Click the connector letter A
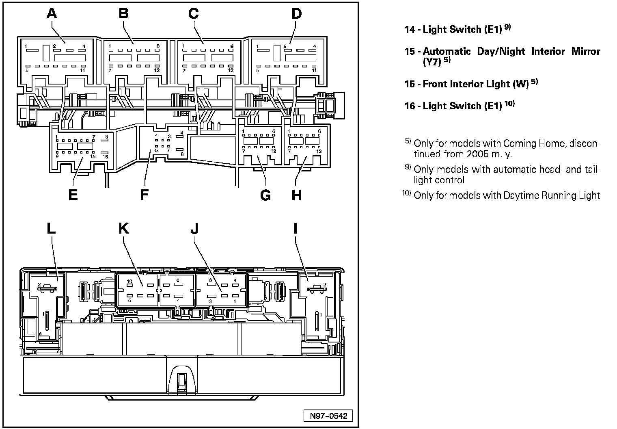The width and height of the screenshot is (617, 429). pyautogui.click(x=52, y=14)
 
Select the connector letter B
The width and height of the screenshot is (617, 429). pyautogui.click(x=123, y=14)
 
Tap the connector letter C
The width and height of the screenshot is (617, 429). pyautogui.click(x=194, y=14)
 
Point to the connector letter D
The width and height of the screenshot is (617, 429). pyautogui.click(x=297, y=14)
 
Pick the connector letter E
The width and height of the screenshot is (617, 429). pyautogui.click(x=73, y=195)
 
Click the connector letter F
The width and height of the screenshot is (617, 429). pyautogui.click(x=144, y=195)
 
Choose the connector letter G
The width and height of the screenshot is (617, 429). pyautogui.click(x=265, y=195)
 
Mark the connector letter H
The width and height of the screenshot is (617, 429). pyautogui.click(x=297, y=195)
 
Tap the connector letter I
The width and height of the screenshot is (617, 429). pyautogui.click(x=295, y=229)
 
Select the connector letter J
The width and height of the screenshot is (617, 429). pyautogui.click(x=194, y=229)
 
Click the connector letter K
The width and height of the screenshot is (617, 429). pyautogui.click(x=123, y=229)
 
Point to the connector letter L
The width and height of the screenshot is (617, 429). pyautogui.click(x=51, y=229)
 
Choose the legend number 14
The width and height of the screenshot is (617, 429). pyautogui.click(x=410, y=29)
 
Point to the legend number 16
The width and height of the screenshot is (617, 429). pyautogui.click(x=410, y=106)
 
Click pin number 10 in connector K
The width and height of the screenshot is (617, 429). pyautogui.click(x=129, y=282)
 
